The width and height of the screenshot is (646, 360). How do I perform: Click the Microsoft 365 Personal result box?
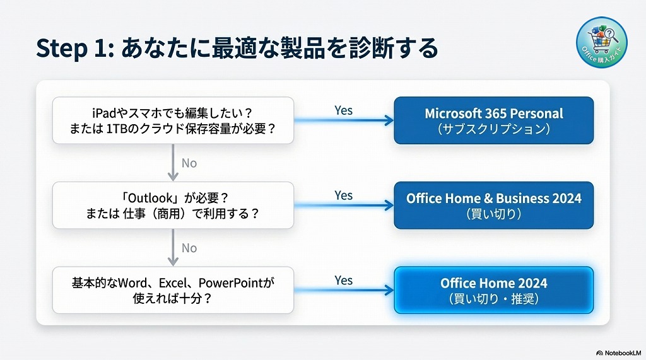coord(493,120)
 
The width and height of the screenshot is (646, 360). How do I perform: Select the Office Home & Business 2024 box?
coord(493,205)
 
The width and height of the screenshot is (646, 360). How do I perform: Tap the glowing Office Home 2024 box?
coord(493,290)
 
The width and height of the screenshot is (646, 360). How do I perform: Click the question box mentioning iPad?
coord(173,120)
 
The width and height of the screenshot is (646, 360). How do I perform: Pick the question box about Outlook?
coord(173,205)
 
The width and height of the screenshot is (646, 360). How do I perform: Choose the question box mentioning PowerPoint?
coord(173,290)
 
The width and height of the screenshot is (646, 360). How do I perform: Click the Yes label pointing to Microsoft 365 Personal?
coord(343,110)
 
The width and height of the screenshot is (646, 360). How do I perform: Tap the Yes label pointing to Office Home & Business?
coord(343,195)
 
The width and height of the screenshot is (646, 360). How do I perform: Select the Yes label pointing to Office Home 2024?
coord(343,280)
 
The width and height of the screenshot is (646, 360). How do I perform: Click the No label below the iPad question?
coord(189,163)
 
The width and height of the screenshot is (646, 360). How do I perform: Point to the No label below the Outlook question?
coord(189,248)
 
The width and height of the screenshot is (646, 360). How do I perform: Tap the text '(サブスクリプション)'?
coord(493,129)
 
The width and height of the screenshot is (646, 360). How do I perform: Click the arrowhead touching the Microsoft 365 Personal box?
coord(389,120)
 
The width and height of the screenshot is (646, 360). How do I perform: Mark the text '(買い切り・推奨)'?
coord(493,299)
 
